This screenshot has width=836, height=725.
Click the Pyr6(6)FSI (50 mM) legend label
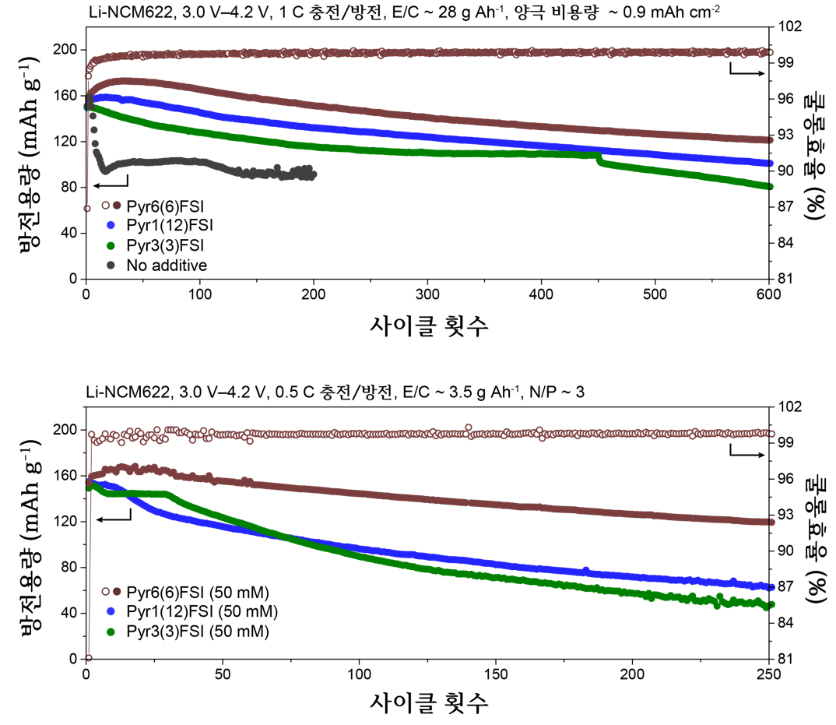[x=195, y=593]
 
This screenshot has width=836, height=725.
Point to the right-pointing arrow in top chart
[x=745, y=72]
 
